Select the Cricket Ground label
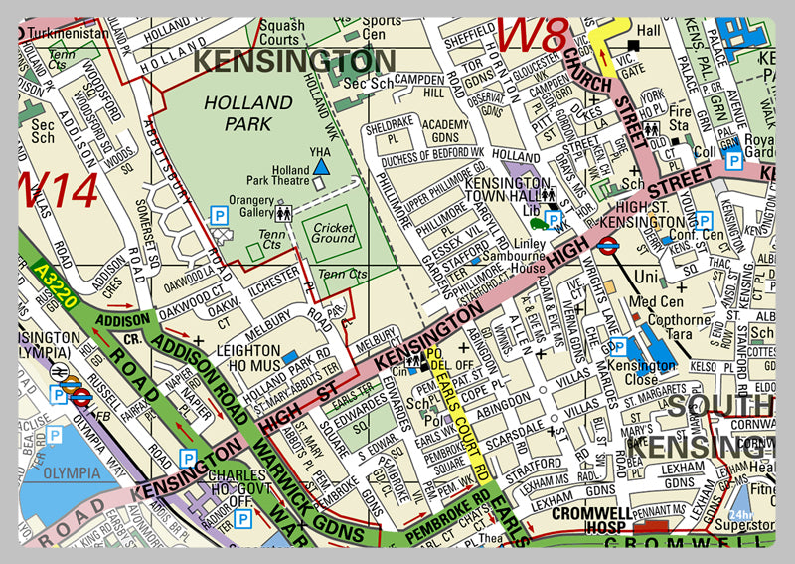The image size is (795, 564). tap(333, 233)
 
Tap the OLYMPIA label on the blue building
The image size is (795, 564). tap(63, 472)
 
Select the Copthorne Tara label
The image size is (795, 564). tap(679, 327)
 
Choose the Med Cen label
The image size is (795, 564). tap(656, 302)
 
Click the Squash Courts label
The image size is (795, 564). tap(281, 33)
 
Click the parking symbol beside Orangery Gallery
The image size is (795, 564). tap(218, 213)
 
